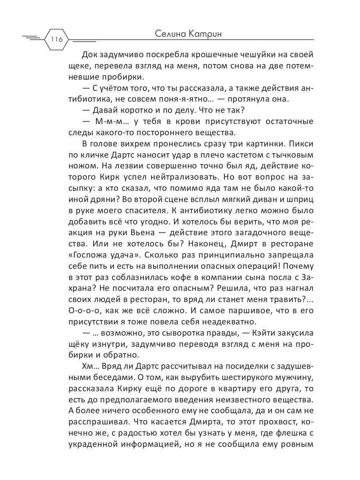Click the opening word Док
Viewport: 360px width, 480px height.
[89, 55]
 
